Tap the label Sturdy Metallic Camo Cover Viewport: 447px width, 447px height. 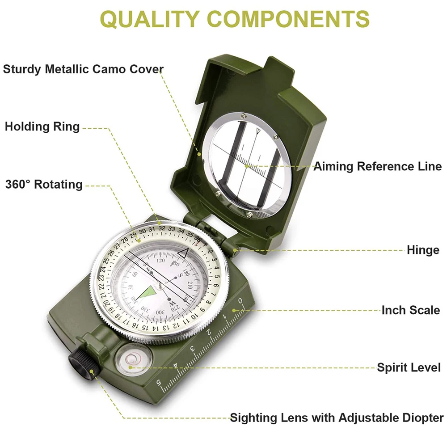[84, 69]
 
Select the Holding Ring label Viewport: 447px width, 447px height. [42, 127]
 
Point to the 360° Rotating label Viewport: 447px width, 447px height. [44, 185]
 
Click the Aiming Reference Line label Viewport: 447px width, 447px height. [377, 167]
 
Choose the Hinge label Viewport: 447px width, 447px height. [423, 250]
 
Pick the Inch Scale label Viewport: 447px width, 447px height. [410, 310]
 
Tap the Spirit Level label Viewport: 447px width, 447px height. [409, 368]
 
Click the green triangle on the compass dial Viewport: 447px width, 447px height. [148, 293]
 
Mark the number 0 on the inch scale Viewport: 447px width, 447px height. [241, 301]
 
